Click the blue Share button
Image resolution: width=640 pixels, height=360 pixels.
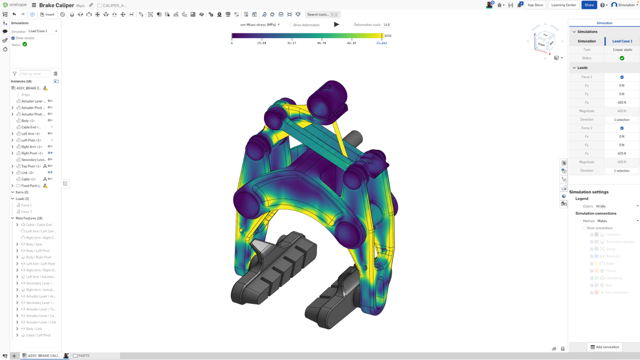click(589, 5)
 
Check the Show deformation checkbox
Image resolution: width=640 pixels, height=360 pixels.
click(291, 25)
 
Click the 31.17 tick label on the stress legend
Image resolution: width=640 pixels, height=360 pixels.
click(292, 43)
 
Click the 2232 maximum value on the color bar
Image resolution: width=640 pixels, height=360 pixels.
click(388, 36)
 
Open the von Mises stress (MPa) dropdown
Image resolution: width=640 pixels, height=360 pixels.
click(260, 25)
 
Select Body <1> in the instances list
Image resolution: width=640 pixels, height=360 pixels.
click(28, 120)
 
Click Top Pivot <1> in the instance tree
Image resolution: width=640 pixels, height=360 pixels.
click(31, 166)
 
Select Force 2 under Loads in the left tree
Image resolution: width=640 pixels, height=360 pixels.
click(26, 212)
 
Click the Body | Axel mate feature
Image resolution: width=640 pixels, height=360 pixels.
click(34, 244)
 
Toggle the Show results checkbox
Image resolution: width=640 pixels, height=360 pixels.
click(13, 38)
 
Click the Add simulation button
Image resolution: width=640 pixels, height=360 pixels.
click(604, 347)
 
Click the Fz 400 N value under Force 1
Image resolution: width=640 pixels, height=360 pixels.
click(622, 102)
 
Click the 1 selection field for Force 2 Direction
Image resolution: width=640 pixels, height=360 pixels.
click(622, 171)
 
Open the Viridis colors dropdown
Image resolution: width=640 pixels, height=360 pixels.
click(616, 206)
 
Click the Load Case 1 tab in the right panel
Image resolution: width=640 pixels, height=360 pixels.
click(622, 41)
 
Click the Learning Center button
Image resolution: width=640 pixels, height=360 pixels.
click(563, 5)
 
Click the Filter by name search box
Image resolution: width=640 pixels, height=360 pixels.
click(35, 74)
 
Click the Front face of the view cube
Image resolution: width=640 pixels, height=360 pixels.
click(541, 44)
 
